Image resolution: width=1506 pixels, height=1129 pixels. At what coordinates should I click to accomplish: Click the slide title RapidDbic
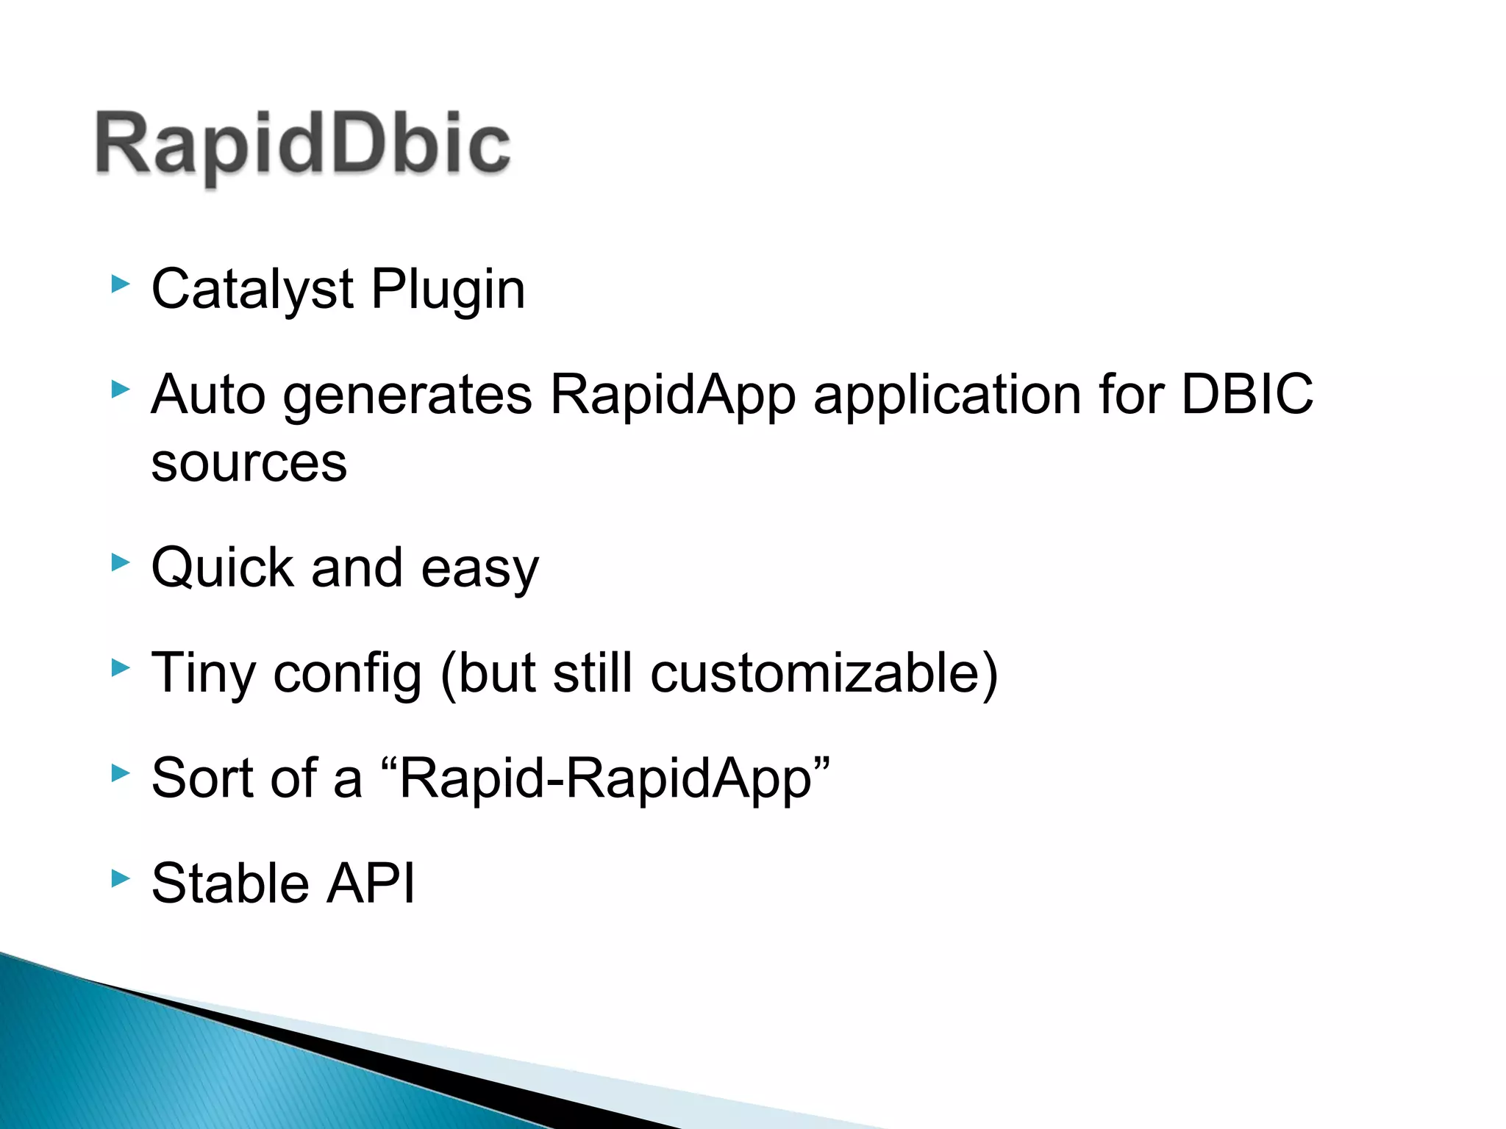tap(302, 145)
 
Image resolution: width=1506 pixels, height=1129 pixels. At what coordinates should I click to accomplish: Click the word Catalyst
tap(252, 289)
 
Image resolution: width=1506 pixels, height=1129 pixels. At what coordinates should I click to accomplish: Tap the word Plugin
tap(448, 290)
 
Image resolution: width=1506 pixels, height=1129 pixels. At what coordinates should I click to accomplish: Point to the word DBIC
tap(1246, 394)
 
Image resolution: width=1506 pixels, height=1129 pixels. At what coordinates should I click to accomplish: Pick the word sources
tap(249, 464)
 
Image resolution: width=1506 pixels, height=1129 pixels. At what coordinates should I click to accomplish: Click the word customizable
tap(816, 673)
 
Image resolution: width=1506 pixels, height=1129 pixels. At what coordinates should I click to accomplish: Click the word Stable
tap(230, 883)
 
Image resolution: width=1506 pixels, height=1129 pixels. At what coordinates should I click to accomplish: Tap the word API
tap(371, 883)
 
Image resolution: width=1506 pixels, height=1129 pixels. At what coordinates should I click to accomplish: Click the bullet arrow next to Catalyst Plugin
tap(120, 284)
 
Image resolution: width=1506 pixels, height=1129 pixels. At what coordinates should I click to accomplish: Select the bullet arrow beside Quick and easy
tap(120, 564)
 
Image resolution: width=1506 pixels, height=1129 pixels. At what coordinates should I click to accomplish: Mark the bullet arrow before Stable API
tap(120, 878)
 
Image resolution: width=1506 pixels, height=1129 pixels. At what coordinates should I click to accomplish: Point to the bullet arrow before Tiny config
tap(120, 668)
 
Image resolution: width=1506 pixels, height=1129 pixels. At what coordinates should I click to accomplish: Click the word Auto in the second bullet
tap(208, 395)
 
